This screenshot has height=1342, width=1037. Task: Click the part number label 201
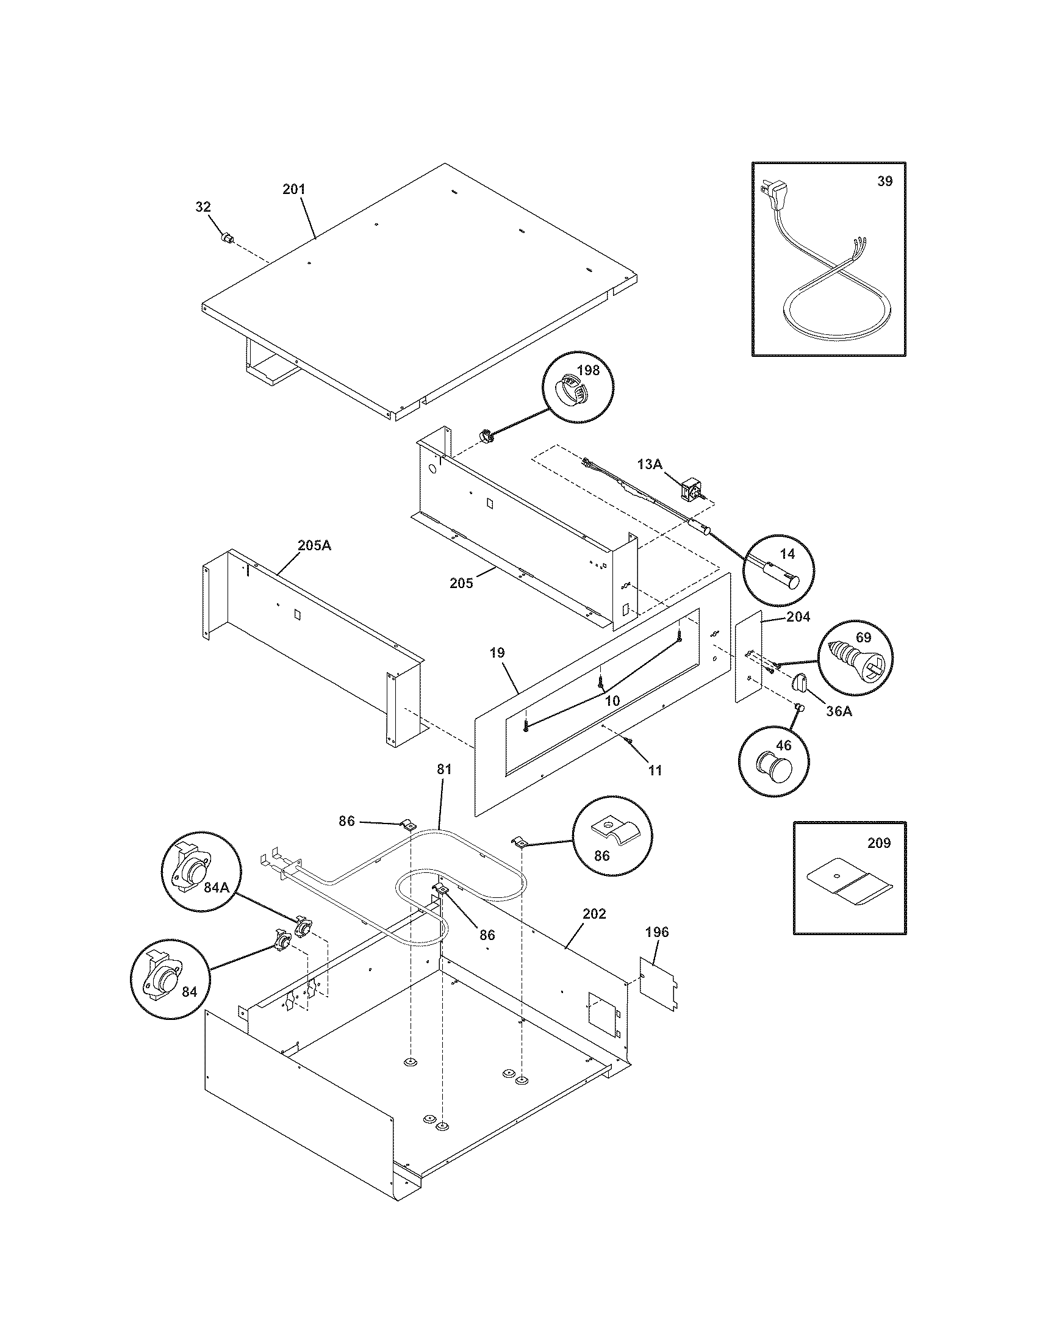[x=293, y=189]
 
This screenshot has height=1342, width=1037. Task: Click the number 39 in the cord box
[x=884, y=181]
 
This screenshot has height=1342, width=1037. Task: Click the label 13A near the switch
[x=650, y=465]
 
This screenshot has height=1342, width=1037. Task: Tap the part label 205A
[x=314, y=545]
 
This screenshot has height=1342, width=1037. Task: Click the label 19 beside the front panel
[x=498, y=653]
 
